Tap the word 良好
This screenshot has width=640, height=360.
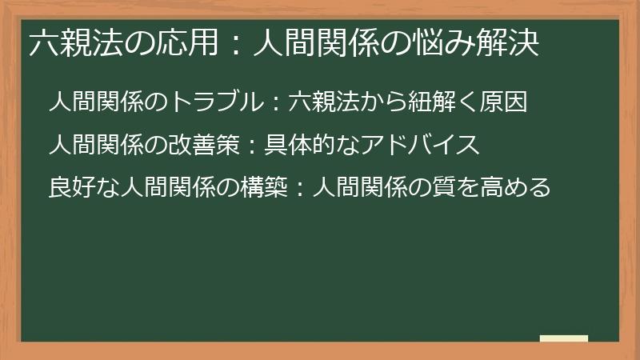(x=70, y=189)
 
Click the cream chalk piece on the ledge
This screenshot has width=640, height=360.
(x=564, y=338)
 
